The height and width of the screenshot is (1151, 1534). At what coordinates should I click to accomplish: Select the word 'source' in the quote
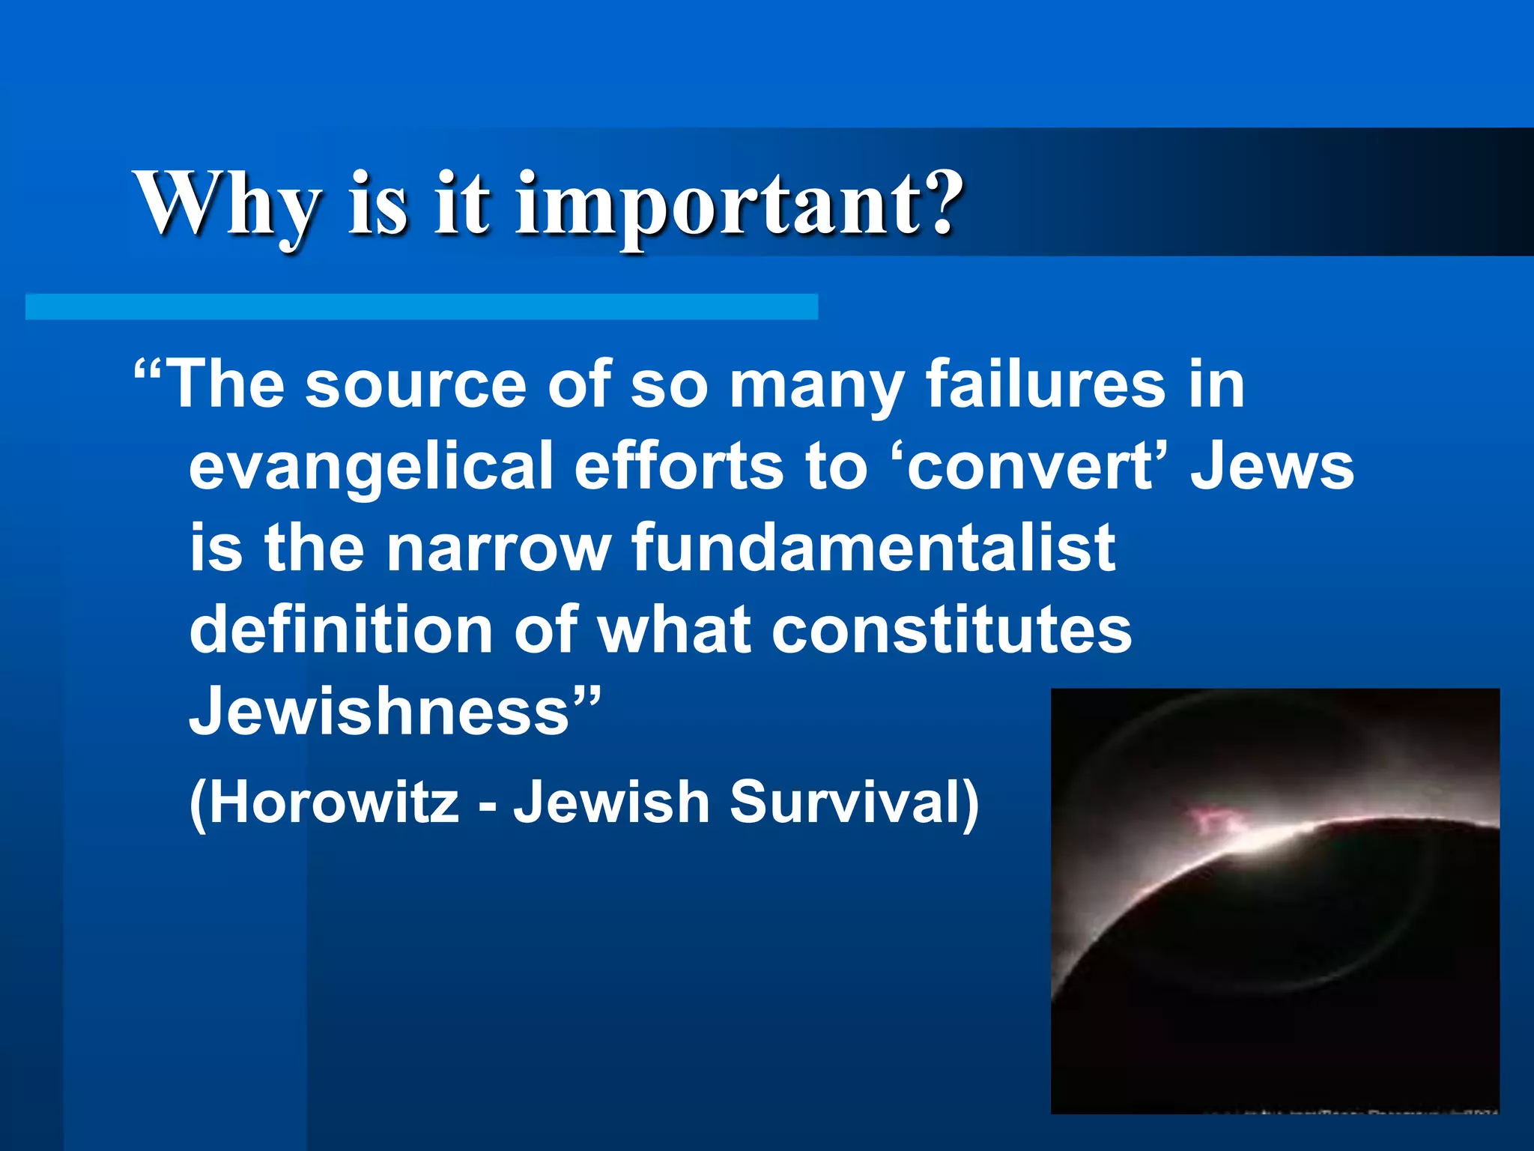pos(416,384)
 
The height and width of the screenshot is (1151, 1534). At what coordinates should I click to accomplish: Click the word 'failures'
pos(1046,384)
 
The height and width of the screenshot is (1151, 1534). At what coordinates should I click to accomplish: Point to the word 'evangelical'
pos(371,466)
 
